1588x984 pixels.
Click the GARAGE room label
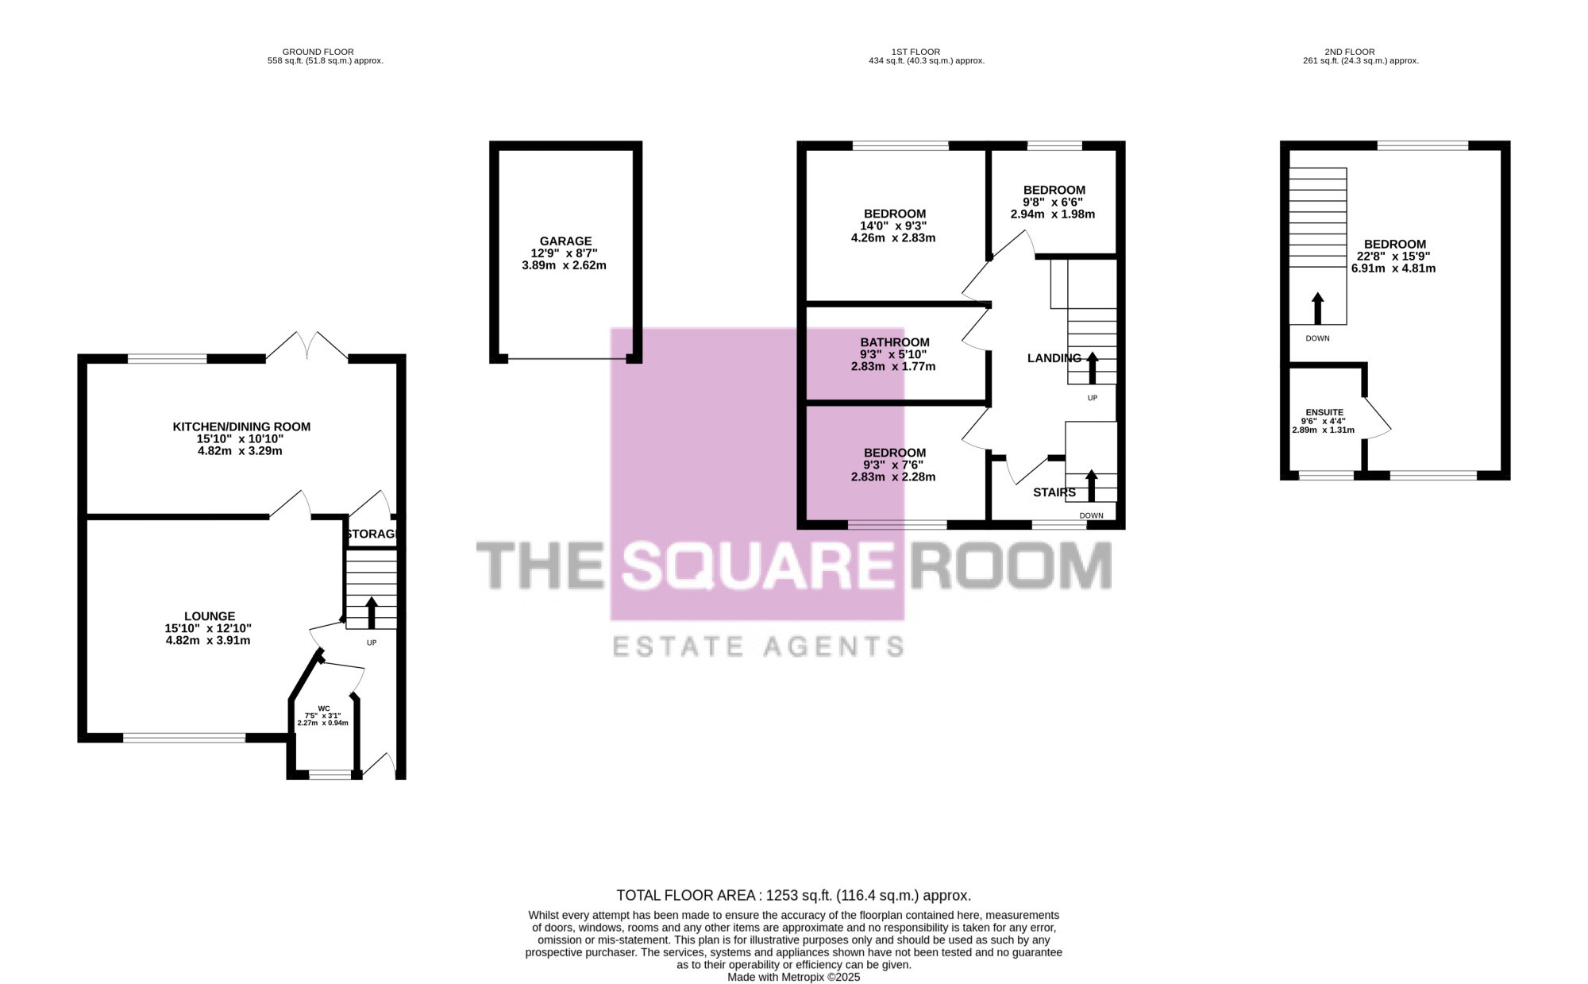coord(565,241)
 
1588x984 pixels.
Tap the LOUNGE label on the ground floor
coord(210,616)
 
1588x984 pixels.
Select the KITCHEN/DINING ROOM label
coord(241,427)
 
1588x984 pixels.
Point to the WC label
coord(323,708)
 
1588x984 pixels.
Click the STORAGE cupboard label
coord(372,534)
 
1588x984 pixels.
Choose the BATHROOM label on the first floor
coord(895,343)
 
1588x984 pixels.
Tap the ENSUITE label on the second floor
coord(1324,413)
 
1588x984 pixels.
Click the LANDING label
coord(1054,358)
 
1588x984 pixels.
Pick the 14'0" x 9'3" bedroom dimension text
coord(893,226)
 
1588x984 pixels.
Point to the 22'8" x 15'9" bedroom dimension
coord(1394,257)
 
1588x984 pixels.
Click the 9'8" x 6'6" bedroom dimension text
coord(1053,202)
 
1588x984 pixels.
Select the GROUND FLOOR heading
coord(318,52)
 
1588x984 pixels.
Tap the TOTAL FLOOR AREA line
coord(794,896)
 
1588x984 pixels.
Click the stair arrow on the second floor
coord(1318,308)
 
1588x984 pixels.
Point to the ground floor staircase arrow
coord(371,613)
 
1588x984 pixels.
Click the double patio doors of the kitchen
coord(306,346)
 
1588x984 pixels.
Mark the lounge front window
coord(184,738)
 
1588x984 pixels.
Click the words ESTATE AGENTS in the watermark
coord(758,646)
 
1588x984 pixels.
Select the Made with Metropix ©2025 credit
coord(794,978)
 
